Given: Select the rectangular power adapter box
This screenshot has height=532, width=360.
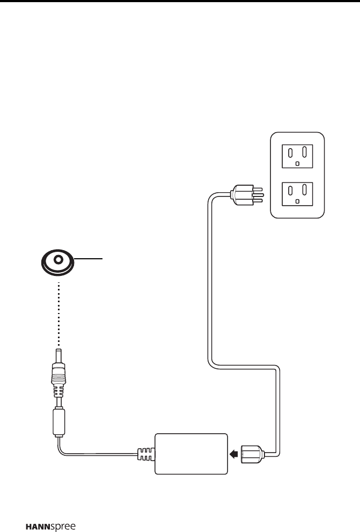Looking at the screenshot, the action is point(191,453).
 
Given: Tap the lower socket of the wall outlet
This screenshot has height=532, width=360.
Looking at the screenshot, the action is point(298,193).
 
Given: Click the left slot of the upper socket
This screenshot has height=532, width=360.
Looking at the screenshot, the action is point(290,151).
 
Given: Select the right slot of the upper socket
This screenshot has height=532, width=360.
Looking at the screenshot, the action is point(305,151).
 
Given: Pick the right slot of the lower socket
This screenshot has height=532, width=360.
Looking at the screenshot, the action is point(305,190).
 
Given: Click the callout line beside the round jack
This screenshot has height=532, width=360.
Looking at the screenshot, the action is point(89,258).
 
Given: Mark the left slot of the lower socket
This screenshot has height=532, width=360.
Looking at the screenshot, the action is point(290,190).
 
